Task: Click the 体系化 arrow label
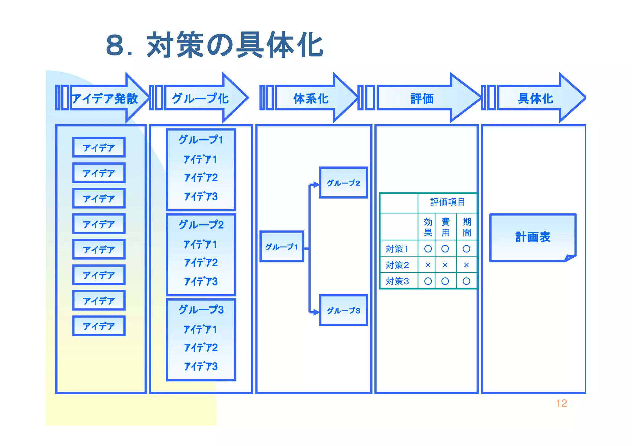pyautogui.click(x=311, y=99)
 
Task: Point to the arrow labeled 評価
pyautogui.click(x=422, y=99)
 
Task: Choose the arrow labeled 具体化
pyautogui.click(x=535, y=99)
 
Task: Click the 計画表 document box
pyautogui.click(x=533, y=237)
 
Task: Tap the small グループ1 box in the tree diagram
pyautogui.click(x=282, y=247)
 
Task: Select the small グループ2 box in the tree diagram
pyautogui.click(x=343, y=183)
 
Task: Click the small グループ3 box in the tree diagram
pyautogui.click(x=343, y=310)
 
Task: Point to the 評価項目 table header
pyautogui.click(x=447, y=202)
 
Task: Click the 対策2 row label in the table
pyautogui.click(x=397, y=265)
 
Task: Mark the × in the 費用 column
pyautogui.click(x=445, y=265)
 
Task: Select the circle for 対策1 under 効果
pyautogui.click(x=428, y=249)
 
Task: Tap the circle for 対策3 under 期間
pyautogui.click(x=466, y=281)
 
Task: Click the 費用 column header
pyautogui.click(x=445, y=227)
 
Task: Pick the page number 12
pyautogui.click(x=561, y=403)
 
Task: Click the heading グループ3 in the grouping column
pyautogui.click(x=201, y=309)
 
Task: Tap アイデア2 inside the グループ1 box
pyautogui.click(x=201, y=178)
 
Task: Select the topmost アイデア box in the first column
pyautogui.click(x=99, y=148)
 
